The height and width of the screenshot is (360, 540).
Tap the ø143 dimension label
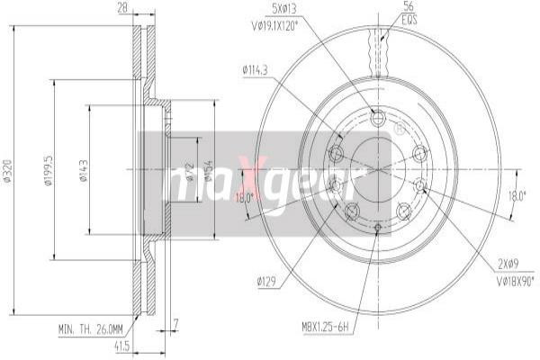pos(82,171)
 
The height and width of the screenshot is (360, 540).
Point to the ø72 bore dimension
pos(190,171)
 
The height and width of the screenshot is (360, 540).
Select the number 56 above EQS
pos(383,7)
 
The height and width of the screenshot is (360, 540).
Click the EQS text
pos(383,18)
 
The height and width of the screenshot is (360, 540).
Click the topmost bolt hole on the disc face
pos(377,117)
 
